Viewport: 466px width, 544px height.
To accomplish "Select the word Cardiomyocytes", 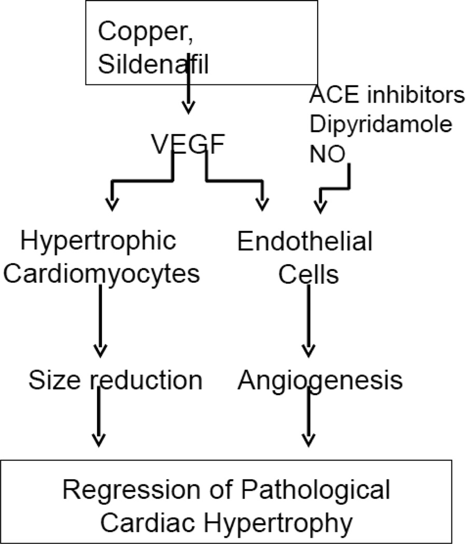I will (x=103, y=274).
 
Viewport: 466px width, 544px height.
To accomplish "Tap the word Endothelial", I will (x=305, y=241).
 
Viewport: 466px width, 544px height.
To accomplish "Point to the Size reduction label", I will (x=115, y=381).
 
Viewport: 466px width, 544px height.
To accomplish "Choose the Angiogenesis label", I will (x=320, y=381).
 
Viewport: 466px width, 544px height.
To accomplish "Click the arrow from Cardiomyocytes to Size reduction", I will (x=100, y=321).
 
